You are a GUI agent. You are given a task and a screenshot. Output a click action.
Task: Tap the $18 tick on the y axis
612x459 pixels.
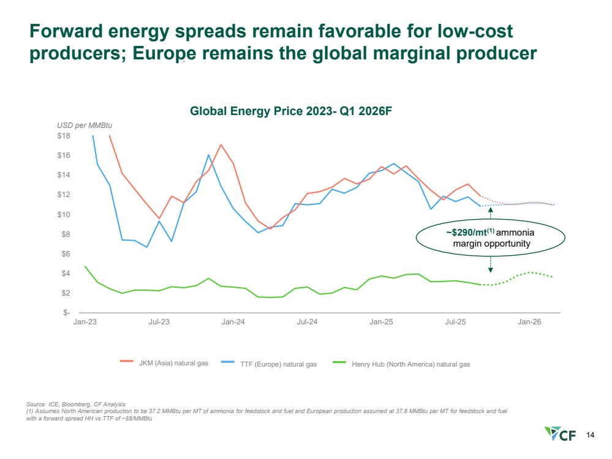[x=64, y=135]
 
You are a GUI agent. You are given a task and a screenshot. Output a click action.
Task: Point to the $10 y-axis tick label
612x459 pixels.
[x=64, y=214]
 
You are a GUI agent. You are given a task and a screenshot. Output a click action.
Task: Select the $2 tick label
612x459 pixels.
[x=66, y=293]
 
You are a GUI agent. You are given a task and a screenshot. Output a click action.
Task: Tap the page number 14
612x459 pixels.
[x=591, y=435]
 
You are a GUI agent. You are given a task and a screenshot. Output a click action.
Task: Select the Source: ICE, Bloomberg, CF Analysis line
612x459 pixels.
[x=75, y=403]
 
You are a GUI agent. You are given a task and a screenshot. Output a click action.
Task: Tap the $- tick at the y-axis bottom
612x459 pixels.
[x=67, y=313]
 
